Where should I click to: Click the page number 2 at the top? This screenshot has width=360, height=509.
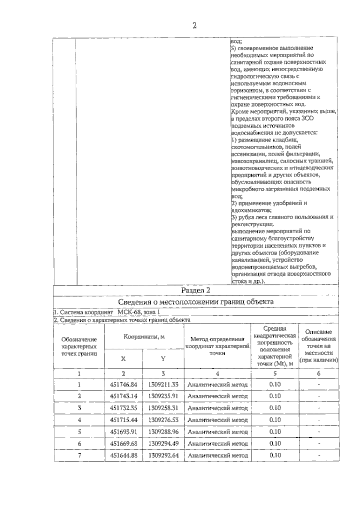(x=194, y=26)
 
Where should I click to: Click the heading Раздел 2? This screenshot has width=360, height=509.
(x=196, y=290)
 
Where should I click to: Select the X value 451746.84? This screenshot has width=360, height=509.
(x=123, y=385)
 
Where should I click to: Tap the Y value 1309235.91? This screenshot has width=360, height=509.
(x=163, y=396)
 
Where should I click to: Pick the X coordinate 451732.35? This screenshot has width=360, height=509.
(x=123, y=408)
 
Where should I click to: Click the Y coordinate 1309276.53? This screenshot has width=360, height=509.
(x=163, y=420)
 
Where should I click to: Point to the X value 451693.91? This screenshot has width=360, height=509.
(x=123, y=432)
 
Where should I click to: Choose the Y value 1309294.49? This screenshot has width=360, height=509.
(x=163, y=444)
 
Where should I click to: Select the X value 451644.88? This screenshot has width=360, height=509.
(x=123, y=455)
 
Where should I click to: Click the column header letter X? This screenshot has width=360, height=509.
(x=123, y=359)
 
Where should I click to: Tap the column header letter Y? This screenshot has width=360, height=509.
(x=163, y=359)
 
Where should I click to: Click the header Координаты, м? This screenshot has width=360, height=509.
(x=144, y=337)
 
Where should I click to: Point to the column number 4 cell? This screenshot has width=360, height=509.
(x=217, y=374)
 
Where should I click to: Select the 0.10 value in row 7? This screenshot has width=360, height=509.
(x=275, y=455)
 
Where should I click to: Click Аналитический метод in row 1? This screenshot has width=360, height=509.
(x=217, y=385)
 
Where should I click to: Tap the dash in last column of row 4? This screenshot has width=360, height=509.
(x=319, y=420)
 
